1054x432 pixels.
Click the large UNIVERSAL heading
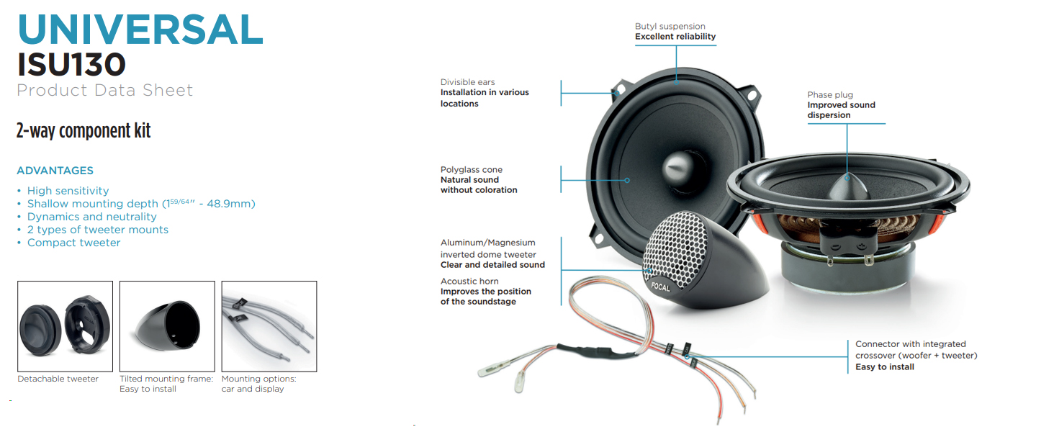click(x=140, y=30)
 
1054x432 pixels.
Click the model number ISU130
click(x=71, y=65)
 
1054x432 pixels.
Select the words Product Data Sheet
click(x=105, y=90)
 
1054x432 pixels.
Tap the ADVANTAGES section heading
click(x=55, y=171)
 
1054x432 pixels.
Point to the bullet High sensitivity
click(x=68, y=191)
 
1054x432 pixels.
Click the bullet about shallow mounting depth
click(x=141, y=204)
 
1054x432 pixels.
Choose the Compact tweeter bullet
click(x=73, y=243)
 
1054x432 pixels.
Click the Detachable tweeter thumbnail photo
click(x=66, y=326)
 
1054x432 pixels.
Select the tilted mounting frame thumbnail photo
click(x=167, y=326)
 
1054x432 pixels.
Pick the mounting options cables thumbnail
click(x=269, y=326)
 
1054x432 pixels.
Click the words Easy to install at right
click(x=885, y=367)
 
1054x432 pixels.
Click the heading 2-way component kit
click(x=84, y=131)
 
